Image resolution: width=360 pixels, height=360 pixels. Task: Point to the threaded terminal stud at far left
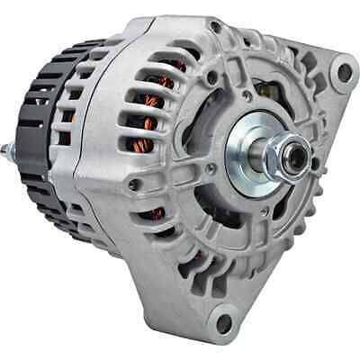(x=13, y=173)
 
